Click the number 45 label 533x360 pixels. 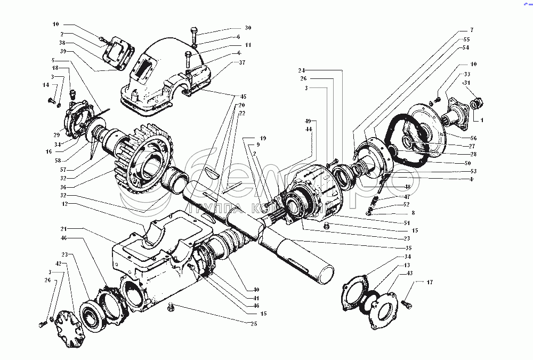coord(243,97)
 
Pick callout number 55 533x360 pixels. coord(466,39)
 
